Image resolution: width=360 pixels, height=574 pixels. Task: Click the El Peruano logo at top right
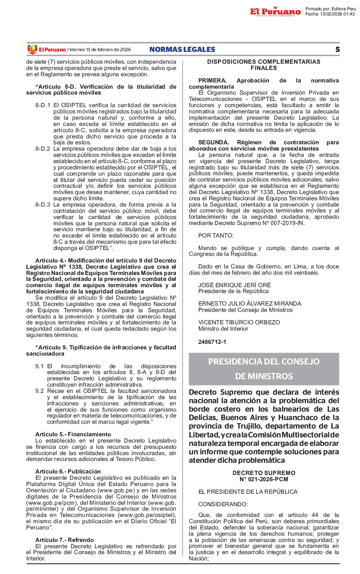275,12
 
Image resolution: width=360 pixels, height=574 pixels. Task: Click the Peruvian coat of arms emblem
32,49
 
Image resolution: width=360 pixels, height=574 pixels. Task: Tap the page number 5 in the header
338,50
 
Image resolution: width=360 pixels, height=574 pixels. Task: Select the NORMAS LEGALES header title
182,50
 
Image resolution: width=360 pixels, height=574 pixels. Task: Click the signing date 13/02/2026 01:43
337,14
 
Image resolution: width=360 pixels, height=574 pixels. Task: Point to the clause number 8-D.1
43,105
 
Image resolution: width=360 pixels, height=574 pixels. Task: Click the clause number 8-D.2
43,149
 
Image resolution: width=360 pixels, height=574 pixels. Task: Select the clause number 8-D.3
43,205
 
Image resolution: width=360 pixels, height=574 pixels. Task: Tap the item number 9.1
39,366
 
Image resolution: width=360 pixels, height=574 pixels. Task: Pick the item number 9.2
39,391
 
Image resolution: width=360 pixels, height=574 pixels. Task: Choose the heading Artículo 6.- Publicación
68,472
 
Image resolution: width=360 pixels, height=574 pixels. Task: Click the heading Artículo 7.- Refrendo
64,540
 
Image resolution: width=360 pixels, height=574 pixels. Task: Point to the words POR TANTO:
216,236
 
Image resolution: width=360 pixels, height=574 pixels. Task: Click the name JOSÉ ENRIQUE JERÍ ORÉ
234,285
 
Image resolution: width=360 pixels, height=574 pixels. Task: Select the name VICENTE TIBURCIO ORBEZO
239,323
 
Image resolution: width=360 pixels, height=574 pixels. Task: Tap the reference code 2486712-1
212,342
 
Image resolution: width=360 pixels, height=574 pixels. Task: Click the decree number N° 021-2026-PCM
264,479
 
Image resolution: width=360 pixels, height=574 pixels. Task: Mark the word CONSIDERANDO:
223,504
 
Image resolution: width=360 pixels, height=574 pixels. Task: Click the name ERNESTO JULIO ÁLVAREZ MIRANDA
250,304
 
